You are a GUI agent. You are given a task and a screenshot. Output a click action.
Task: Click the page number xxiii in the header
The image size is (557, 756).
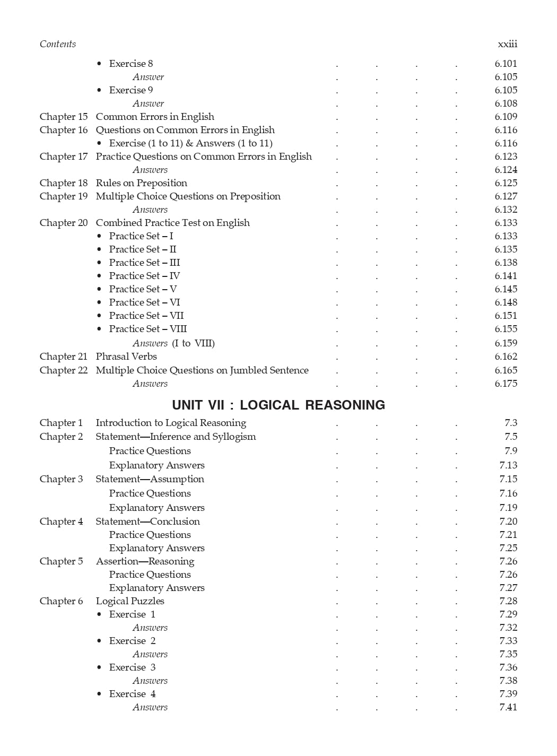click(507, 44)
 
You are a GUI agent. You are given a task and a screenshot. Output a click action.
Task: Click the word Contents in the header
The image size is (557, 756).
click(58, 44)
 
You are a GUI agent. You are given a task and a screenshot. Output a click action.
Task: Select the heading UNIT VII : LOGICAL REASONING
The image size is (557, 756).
click(278, 405)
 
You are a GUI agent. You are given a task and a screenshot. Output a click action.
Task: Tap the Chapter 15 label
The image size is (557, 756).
click(64, 117)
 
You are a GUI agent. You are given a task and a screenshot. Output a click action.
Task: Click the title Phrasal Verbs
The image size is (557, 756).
click(126, 357)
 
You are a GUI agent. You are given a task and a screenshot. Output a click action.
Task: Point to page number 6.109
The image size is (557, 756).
click(506, 117)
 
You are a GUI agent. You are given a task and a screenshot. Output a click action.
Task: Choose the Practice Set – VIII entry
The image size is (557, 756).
click(148, 329)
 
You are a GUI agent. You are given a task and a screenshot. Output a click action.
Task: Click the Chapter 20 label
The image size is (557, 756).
click(64, 223)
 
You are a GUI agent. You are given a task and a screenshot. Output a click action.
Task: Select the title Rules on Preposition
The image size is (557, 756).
click(141, 183)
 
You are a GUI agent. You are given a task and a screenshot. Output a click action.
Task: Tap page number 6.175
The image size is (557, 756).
click(506, 384)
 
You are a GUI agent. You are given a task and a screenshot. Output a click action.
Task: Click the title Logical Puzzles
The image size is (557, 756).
click(130, 601)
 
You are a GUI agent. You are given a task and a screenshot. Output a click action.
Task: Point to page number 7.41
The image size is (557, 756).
click(508, 707)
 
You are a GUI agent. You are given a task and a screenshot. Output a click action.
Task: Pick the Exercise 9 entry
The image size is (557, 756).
click(131, 90)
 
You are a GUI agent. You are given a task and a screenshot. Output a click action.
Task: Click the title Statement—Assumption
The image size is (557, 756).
click(150, 479)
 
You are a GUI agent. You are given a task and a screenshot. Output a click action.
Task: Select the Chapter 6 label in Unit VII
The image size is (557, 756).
click(61, 601)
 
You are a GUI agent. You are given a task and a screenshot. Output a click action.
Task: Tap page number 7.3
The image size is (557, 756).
click(510, 423)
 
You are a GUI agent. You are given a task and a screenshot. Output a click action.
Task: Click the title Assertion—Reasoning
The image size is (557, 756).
click(145, 561)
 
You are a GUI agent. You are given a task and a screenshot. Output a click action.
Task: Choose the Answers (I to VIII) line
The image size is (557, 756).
click(173, 343)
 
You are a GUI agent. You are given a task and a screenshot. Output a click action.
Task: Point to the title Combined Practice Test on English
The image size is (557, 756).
click(172, 223)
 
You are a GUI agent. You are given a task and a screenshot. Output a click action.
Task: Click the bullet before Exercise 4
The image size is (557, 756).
click(99, 694)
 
